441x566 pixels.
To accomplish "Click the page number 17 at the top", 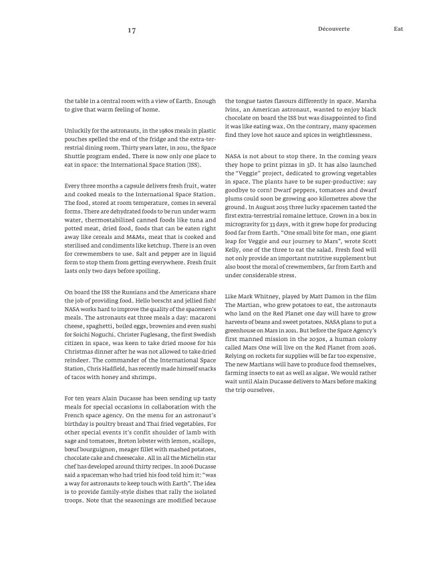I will (132, 29).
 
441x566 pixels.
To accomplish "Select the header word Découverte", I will (334, 29).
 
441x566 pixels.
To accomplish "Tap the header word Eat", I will (398, 29).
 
